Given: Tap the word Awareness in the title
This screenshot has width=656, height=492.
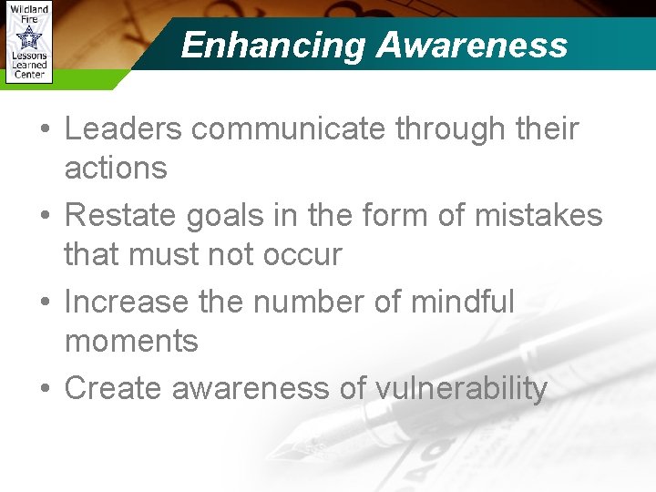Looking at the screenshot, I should pyautogui.click(x=472, y=45).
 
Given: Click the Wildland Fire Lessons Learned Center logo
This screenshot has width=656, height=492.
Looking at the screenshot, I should pyautogui.click(x=28, y=43).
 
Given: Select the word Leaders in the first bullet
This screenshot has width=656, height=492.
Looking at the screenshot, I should pyautogui.click(x=123, y=129).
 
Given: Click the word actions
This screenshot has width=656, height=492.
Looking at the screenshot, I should pyautogui.click(x=116, y=168).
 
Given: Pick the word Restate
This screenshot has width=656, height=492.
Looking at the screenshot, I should pyautogui.click(x=120, y=215).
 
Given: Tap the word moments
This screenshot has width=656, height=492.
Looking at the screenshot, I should pyautogui.click(x=131, y=341).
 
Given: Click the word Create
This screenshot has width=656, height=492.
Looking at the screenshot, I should pyautogui.click(x=112, y=388).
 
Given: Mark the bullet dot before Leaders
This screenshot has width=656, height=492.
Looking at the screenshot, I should pyautogui.click(x=44, y=130).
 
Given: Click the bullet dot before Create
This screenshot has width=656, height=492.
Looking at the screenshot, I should pyautogui.click(x=44, y=389).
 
